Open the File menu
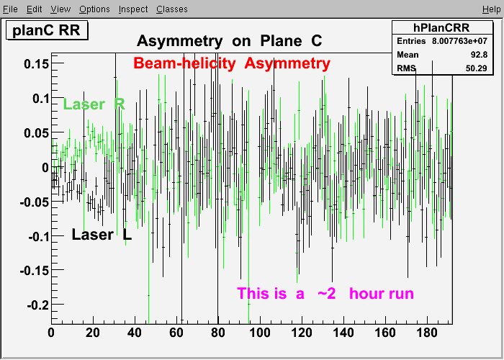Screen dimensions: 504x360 (10, 9)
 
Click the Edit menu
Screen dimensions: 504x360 (34, 9)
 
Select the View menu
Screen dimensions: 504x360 (60, 9)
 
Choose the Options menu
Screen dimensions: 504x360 (94, 9)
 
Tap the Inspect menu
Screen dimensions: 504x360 (133, 9)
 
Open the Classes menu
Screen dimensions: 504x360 (172, 9)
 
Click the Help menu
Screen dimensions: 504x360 (492, 9)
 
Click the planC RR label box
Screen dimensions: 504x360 (47, 30)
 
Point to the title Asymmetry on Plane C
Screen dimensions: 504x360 (229, 41)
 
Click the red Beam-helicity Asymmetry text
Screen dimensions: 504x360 (232, 63)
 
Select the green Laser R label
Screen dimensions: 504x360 (94, 104)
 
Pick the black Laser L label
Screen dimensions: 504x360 (102, 234)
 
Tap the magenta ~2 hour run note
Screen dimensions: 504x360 (325, 294)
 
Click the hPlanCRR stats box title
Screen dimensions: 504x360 (441, 27)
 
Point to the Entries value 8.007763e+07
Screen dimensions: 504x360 (459, 41)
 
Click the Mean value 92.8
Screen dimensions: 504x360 (480, 55)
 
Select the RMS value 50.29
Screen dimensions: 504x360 (477, 68)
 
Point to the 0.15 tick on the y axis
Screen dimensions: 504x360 (37, 63)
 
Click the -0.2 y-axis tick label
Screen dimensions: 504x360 (38, 305)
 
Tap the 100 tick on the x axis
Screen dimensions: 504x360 (260, 333)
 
